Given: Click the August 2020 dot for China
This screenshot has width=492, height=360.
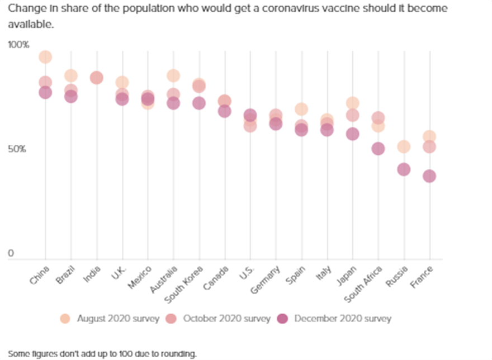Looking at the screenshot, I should pos(45,57).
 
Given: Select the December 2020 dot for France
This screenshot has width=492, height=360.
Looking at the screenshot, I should pos(429,176).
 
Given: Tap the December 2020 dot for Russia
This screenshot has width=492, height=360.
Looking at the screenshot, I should pos(404,169).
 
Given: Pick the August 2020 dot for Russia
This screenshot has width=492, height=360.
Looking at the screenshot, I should pos(404,146).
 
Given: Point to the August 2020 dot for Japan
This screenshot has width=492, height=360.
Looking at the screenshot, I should pos(352,103).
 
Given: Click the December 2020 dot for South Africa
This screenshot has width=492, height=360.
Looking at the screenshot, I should pos(378,149).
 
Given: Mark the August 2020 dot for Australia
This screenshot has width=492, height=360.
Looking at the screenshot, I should pos(173,75).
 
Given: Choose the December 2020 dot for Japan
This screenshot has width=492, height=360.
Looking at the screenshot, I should pos(352,134).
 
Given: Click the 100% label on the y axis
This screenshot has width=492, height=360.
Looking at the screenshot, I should pos(18,45).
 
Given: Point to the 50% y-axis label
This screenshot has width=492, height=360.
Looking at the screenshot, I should pos(17,149).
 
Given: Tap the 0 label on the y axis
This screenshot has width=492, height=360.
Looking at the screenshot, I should pos(10,254).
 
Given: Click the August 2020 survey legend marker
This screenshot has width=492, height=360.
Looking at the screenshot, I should pos(65,319).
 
